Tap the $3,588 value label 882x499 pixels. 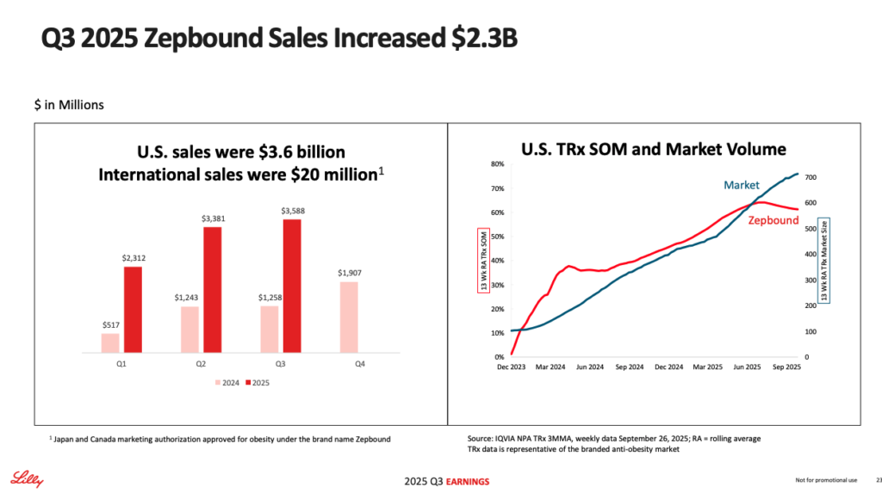292,211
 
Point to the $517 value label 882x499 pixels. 109,325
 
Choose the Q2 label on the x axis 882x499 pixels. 200,364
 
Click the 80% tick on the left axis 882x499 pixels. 498,163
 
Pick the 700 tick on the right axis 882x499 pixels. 811,177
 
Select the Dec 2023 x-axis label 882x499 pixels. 512,367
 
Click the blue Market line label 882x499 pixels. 741,185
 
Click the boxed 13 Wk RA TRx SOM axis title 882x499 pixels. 483,258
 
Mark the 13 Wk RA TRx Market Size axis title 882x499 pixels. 824,258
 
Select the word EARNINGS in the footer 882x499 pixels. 457,479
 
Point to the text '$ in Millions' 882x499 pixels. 69,105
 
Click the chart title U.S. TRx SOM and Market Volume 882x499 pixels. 654,149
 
